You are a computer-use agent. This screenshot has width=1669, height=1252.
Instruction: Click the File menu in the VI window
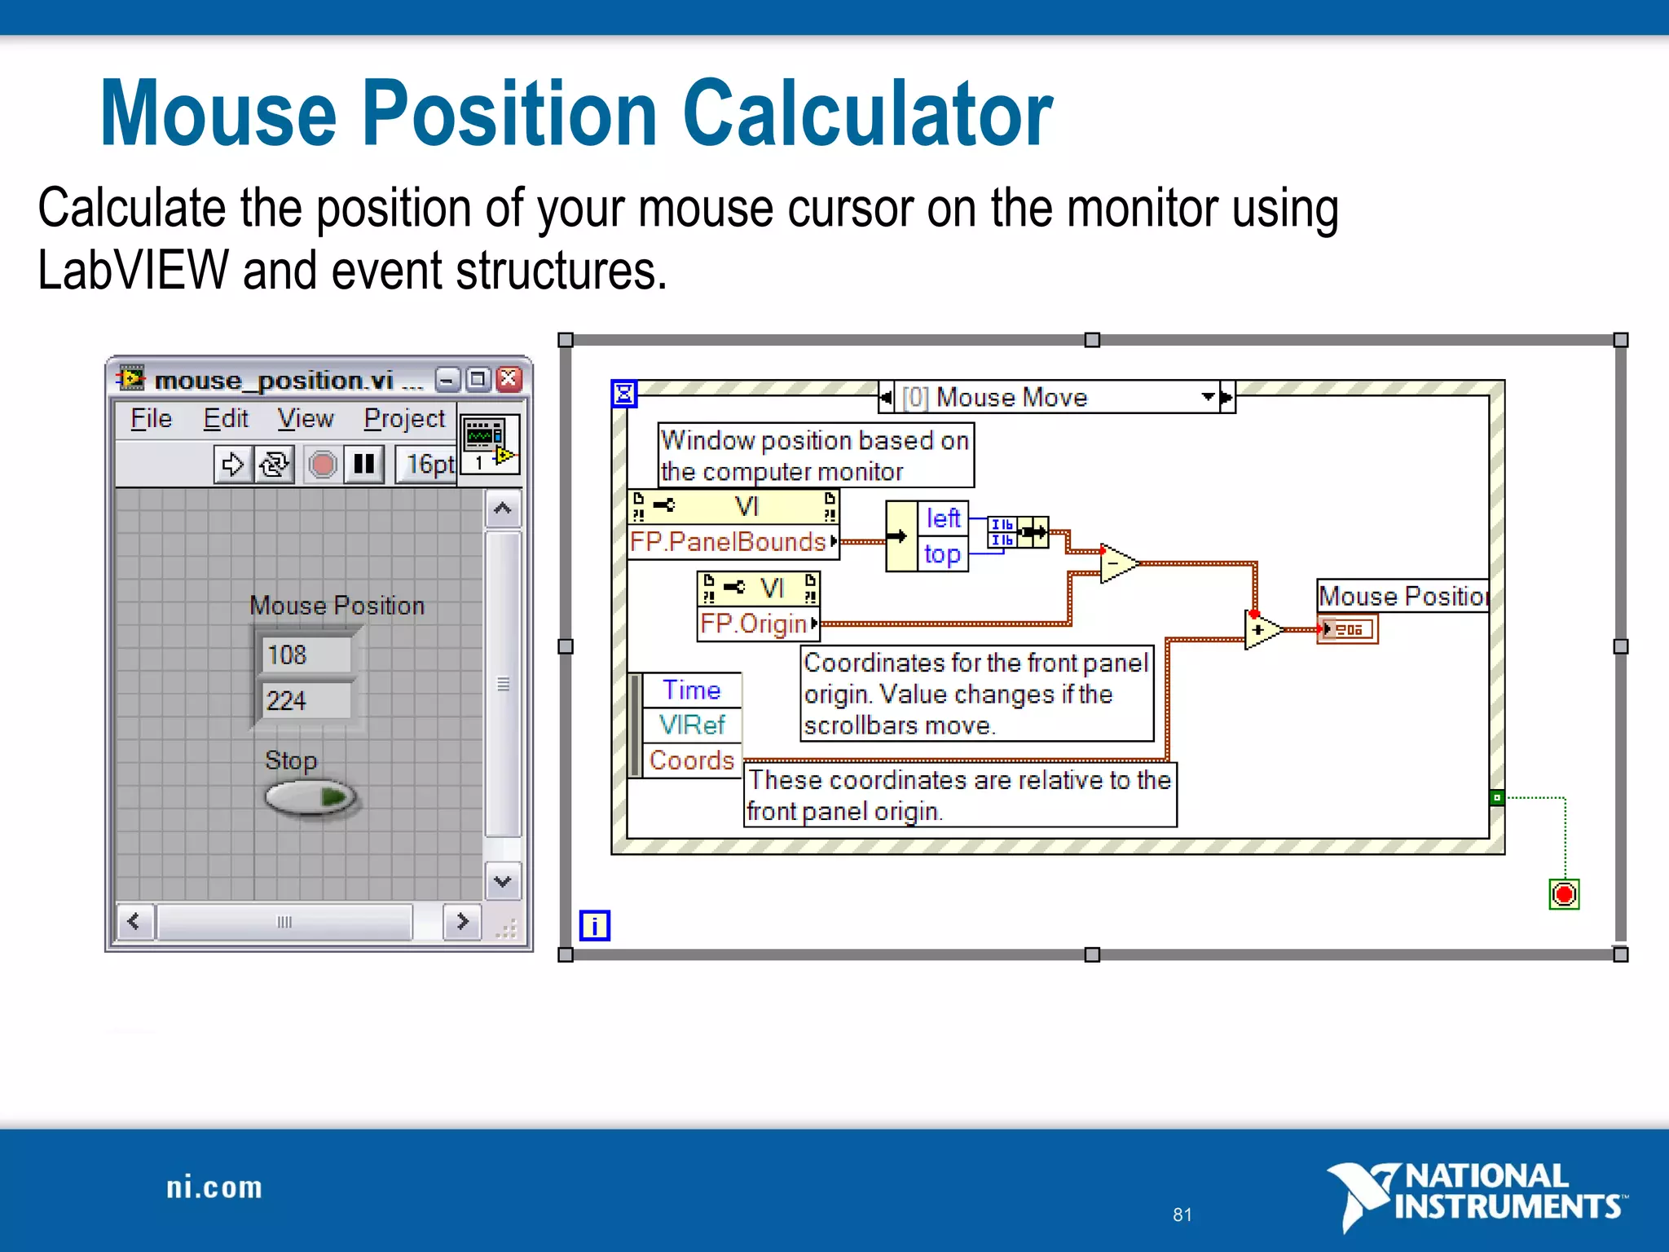click(152, 419)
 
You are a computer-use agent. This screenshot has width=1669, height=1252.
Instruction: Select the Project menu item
click(404, 419)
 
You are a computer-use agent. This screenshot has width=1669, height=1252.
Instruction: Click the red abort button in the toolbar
click(323, 465)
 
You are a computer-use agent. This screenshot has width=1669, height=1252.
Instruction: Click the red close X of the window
click(509, 379)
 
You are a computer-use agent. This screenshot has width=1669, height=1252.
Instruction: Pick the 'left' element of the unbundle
click(943, 518)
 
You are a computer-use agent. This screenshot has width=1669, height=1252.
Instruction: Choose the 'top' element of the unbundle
click(943, 554)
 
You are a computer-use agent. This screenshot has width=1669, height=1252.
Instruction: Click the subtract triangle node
click(1116, 563)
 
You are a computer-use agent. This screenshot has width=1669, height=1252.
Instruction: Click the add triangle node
click(1261, 630)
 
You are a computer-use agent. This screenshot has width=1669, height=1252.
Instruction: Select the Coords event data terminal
click(691, 760)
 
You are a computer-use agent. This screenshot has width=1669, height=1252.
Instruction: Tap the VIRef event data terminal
click(691, 725)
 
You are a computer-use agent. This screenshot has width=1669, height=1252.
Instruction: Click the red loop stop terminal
click(1564, 894)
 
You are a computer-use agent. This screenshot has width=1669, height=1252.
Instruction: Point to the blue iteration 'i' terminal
click(594, 926)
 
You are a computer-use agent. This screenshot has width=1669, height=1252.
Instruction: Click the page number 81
click(1182, 1215)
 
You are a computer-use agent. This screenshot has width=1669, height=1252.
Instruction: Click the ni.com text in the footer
click(214, 1188)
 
